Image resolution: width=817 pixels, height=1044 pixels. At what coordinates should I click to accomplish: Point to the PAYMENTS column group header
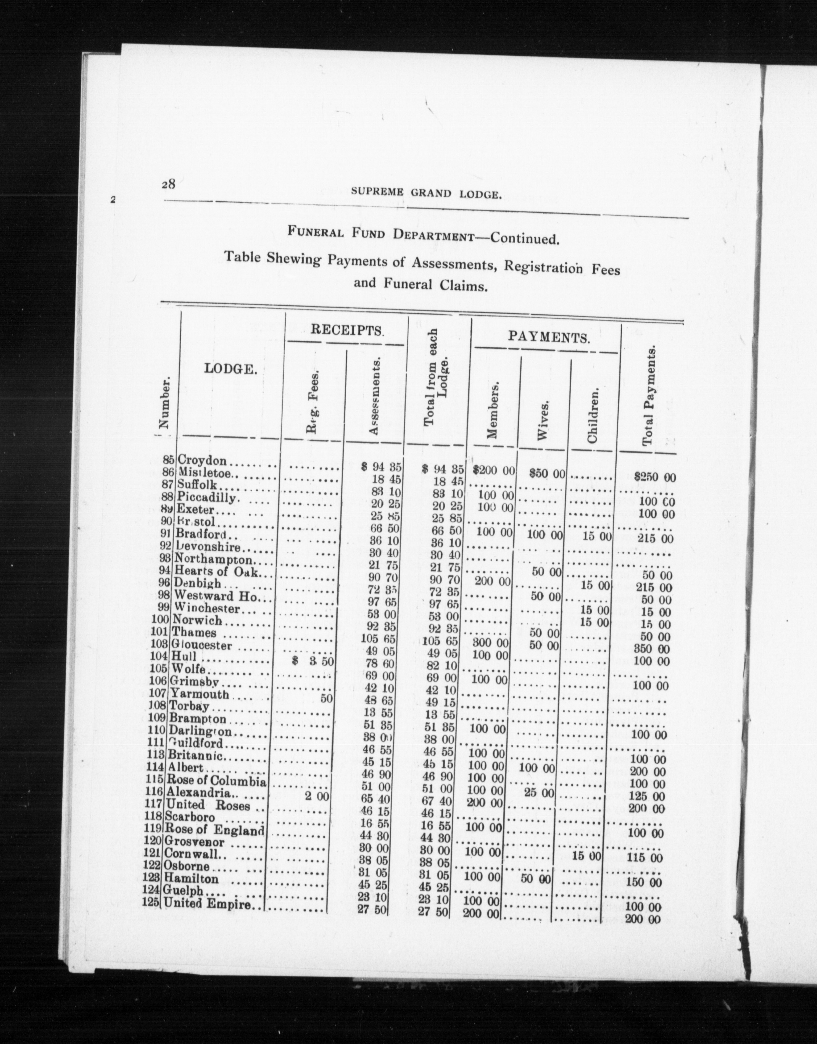[548, 337]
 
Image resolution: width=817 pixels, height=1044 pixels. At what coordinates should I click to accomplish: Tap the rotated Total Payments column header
[649, 397]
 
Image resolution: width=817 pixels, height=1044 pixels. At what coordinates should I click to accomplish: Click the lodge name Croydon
[201, 461]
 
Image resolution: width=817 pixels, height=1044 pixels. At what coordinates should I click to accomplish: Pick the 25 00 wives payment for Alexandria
[539, 793]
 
